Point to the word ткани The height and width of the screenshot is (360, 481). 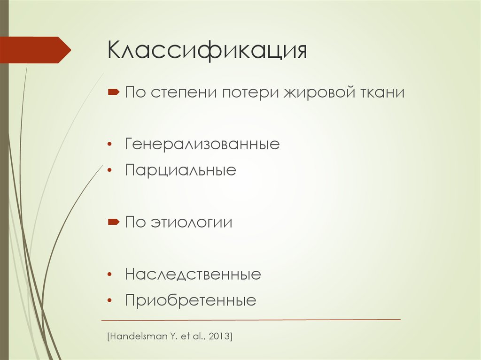[382, 92]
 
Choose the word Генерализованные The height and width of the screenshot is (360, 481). [202, 144]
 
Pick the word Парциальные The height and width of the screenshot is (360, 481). [181, 170]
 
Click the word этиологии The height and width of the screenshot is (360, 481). [192, 222]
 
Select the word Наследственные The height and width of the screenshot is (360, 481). [193, 274]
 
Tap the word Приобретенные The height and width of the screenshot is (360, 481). [191, 300]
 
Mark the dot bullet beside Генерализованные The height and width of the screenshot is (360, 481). [109, 144]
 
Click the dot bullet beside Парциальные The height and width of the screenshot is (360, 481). [109, 170]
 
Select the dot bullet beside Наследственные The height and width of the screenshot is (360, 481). [109, 274]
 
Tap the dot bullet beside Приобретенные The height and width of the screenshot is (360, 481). [109, 300]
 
